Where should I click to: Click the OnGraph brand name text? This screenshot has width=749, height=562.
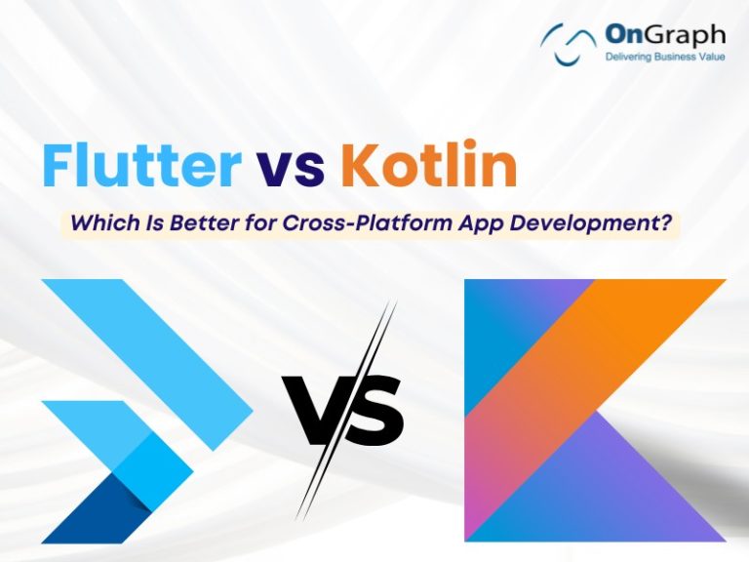[664, 35]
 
